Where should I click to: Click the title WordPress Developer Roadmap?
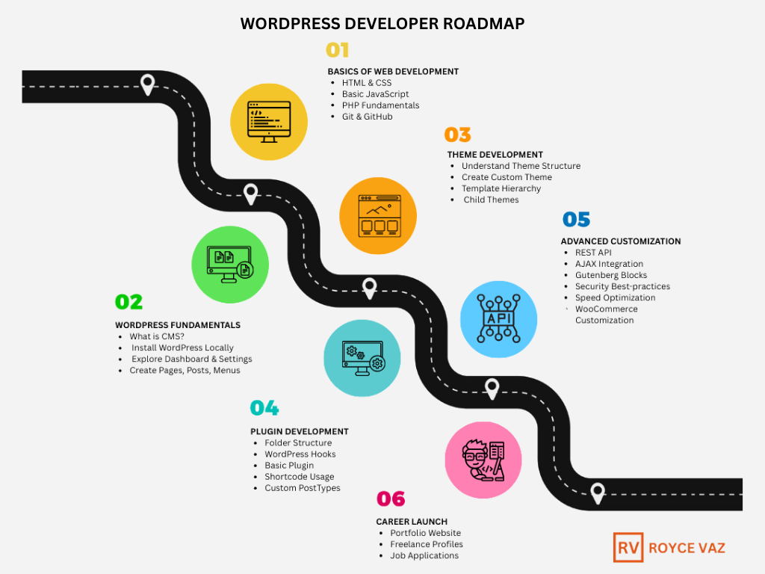pos(382,23)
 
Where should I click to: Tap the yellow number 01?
pos(338,50)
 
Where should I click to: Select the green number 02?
pos(128,302)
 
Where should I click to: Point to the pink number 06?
pos(390,499)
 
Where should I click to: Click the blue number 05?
pos(576,220)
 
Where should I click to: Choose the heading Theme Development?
pos(495,155)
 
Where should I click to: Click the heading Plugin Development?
pos(299,431)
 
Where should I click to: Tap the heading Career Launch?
pos(412,521)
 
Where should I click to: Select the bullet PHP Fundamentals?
pos(380,105)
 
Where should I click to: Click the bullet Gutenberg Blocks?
pos(610,275)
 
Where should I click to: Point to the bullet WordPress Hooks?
pos(300,454)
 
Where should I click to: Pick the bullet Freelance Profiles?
pos(426,544)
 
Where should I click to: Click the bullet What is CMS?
pos(156,336)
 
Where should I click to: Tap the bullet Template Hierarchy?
pos(501,188)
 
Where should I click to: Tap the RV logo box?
pos(628,547)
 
